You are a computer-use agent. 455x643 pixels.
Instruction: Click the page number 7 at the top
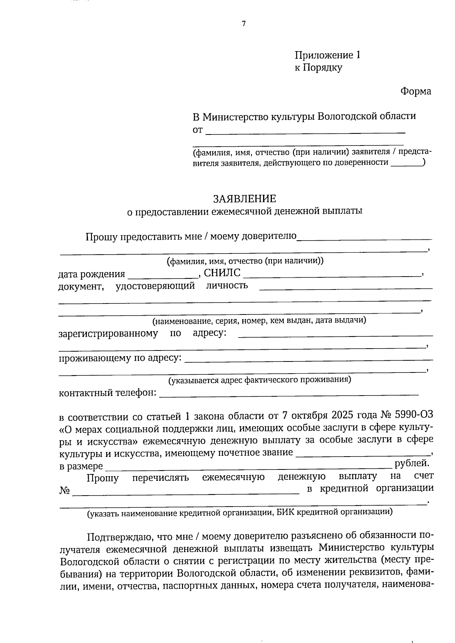point(244,24)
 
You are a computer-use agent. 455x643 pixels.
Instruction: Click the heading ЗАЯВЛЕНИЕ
point(245,199)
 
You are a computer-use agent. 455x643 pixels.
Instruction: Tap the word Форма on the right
point(416,91)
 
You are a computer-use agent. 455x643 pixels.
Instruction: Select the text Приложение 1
point(328,55)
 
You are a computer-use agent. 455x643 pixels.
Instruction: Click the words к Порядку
point(318,68)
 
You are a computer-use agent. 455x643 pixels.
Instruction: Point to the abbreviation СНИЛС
point(222,273)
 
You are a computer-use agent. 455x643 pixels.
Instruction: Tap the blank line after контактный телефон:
point(288,394)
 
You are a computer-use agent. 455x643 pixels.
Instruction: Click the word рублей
point(412,463)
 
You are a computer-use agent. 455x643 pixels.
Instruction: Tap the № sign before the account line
point(64,491)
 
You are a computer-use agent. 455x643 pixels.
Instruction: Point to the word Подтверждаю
point(118,537)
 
